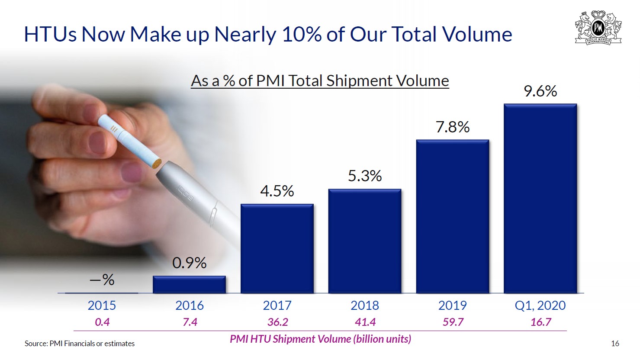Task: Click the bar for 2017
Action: [x=277, y=249]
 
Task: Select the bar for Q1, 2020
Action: [x=540, y=199]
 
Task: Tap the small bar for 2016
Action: [x=189, y=285]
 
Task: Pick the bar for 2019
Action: [x=452, y=216]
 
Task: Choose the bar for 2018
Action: [x=364, y=241]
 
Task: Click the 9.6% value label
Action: [x=540, y=91]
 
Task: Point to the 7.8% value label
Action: [x=452, y=127]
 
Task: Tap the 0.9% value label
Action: [x=189, y=263]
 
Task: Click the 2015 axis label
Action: [x=102, y=305]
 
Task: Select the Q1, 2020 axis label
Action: [x=540, y=305]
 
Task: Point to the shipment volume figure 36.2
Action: [x=277, y=322]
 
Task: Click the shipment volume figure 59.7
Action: [x=453, y=322]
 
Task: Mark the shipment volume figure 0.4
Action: [x=102, y=322]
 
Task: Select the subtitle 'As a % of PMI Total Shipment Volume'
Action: [x=320, y=81]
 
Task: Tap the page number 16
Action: [x=615, y=344]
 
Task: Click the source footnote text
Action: [x=80, y=344]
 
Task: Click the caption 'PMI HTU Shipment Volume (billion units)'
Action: [x=320, y=339]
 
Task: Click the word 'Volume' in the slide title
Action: [x=476, y=34]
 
